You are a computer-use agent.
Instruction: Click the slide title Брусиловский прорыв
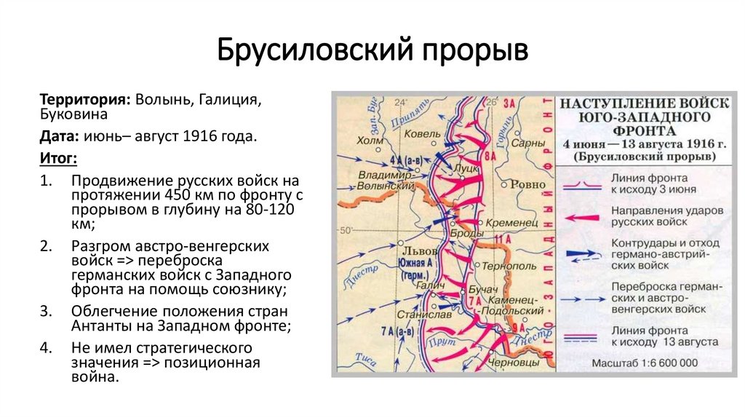[x=372, y=52]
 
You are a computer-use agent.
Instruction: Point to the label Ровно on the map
[x=527, y=185]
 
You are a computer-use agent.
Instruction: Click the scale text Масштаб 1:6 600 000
[x=645, y=363]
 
